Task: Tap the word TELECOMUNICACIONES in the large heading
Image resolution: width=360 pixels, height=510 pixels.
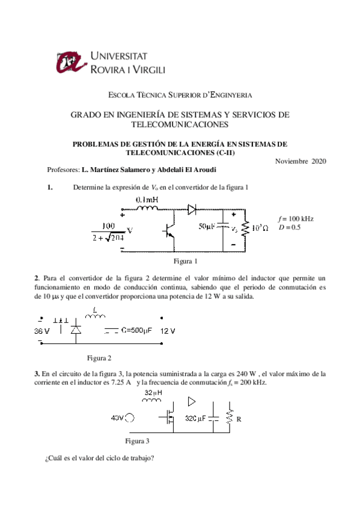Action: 180,124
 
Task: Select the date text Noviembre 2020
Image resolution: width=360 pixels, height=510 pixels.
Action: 301,161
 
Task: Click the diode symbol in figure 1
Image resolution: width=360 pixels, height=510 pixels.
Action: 192,210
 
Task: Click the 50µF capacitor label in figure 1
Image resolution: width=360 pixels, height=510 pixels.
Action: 207,227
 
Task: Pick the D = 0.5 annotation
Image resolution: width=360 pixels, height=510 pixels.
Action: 289,227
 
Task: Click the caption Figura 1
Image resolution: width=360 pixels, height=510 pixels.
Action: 186,261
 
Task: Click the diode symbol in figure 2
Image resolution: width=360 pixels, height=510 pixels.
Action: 76,330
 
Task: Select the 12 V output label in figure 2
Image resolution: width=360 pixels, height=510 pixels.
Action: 168,330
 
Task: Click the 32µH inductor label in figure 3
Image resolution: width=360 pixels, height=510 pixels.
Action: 153,394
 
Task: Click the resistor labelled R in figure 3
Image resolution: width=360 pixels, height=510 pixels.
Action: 228,417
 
